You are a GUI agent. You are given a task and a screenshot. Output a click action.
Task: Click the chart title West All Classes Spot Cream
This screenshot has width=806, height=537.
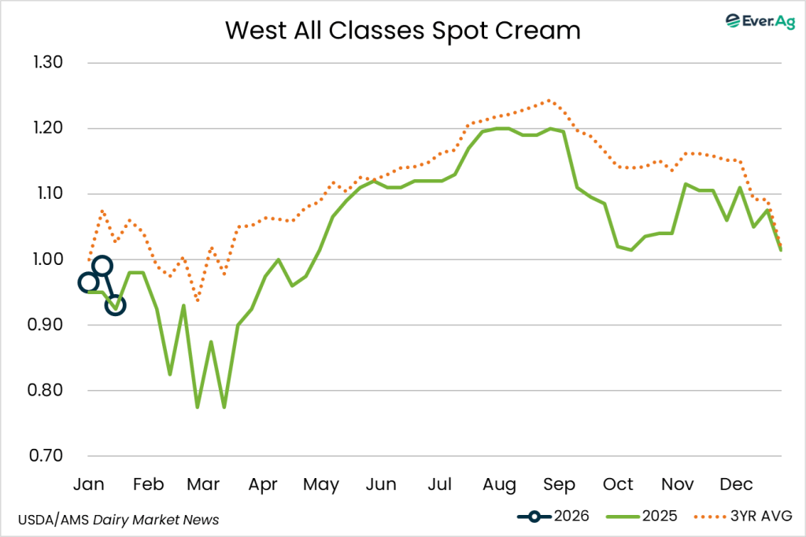tap(402, 30)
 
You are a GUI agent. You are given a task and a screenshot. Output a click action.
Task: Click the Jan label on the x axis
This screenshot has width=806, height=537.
tap(89, 484)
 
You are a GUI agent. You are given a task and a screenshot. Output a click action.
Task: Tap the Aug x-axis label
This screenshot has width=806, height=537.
tap(500, 484)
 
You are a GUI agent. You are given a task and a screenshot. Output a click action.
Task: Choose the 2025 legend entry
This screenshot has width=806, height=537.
tap(636, 517)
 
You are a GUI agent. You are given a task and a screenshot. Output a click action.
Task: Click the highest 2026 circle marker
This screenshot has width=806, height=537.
tap(102, 266)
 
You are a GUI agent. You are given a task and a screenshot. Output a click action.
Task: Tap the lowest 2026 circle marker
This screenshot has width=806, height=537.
tap(116, 305)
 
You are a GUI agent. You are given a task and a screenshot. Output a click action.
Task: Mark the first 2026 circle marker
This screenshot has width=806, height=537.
tap(89, 282)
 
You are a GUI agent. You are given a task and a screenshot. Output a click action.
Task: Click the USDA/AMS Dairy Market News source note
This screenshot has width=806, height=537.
tap(117, 520)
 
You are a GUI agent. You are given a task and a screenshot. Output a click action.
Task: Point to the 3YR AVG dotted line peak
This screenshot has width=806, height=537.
tap(549, 101)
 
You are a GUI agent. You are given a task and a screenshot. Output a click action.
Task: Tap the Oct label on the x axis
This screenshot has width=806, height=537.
tap(618, 484)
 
